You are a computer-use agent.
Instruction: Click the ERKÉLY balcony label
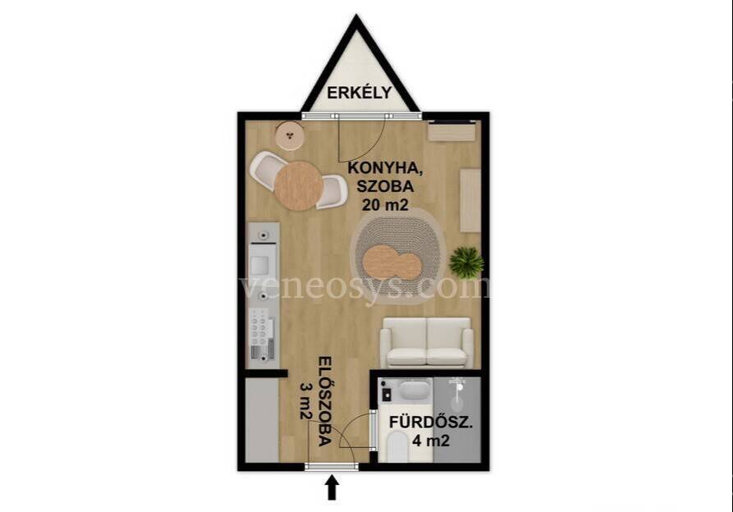(359, 93)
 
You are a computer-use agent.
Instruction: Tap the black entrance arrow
(332, 487)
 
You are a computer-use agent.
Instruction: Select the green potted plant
(466, 261)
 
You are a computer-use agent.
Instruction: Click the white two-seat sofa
(426, 342)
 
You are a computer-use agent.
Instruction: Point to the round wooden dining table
(299, 185)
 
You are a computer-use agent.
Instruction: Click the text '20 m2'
(385, 204)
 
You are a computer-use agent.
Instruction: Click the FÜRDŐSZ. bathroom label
(431, 423)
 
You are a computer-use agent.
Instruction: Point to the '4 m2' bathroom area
(431, 441)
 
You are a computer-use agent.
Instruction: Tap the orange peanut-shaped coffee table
(392, 263)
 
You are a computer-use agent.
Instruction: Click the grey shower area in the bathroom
(456, 419)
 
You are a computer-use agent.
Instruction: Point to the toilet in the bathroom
(398, 446)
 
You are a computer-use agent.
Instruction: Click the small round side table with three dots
(290, 136)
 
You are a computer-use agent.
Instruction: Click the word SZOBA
(386, 186)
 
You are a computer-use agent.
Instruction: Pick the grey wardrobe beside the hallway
(262, 420)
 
